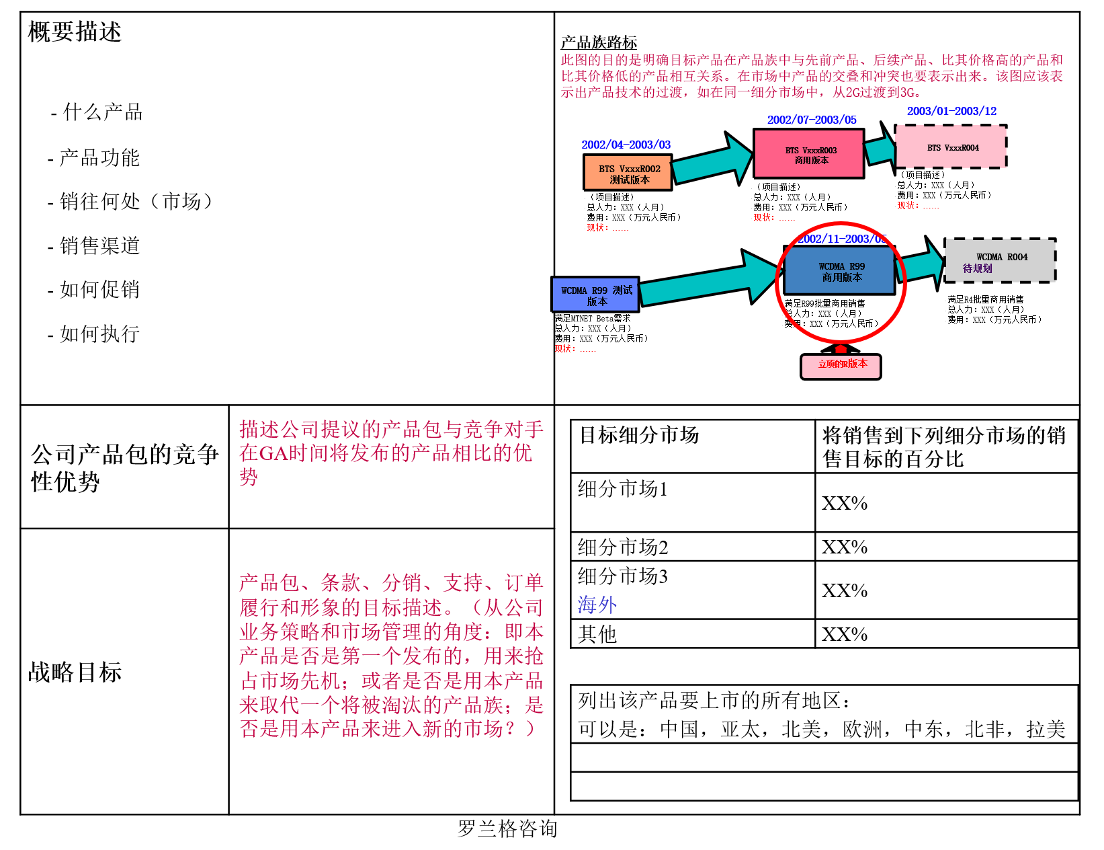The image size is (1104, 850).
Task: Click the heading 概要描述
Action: (75, 32)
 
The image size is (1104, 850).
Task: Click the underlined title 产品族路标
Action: (599, 43)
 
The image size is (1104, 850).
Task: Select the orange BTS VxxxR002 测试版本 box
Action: (628, 173)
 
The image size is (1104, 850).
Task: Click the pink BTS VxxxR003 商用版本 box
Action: (809, 155)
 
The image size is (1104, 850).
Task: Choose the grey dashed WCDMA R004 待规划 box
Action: (1000, 261)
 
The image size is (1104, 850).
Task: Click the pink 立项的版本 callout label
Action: (841, 365)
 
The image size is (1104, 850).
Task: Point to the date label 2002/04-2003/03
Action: (626, 145)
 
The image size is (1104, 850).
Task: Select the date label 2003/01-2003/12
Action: (951, 111)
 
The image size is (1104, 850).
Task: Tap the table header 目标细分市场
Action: (639, 435)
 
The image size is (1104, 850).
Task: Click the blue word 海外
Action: (597, 605)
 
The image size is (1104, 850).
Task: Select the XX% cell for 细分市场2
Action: (844, 547)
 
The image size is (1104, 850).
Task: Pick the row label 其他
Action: (597, 634)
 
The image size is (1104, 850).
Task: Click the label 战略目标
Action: (75, 672)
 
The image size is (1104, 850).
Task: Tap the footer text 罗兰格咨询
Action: (507, 828)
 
